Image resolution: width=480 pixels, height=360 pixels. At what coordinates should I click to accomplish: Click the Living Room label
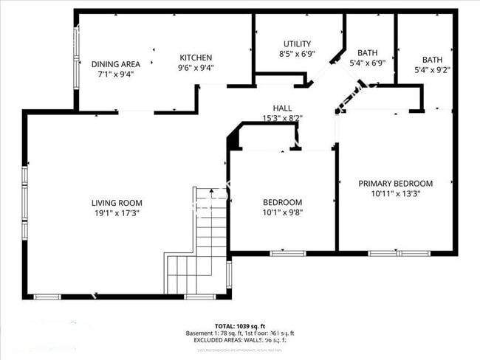[117, 203]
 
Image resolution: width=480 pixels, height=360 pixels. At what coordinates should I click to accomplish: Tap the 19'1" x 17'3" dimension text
[117, 213]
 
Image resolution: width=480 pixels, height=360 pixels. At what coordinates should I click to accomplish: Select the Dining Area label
[116, 64]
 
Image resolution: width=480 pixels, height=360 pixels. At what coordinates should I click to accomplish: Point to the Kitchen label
[196, 58]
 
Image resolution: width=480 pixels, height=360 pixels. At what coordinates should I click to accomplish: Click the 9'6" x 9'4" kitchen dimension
[196, 68]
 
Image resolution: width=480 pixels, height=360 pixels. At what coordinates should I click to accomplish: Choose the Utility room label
[297, 44]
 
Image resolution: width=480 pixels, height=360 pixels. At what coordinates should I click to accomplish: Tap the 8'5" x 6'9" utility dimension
[297, 54]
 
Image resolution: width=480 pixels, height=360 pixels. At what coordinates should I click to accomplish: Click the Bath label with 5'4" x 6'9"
[367, 53]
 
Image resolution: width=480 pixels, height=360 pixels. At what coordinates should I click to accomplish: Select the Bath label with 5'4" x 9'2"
[433, 60]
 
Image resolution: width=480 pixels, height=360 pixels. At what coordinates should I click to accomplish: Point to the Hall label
[282, 108]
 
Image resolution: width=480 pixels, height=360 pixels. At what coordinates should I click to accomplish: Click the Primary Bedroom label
[396, 184]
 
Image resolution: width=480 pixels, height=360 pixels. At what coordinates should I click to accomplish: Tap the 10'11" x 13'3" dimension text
[396, 194]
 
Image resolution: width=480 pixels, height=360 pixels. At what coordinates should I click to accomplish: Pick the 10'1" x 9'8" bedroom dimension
[283, 213]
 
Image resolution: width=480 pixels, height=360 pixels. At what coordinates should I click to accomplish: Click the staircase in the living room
[204, 236]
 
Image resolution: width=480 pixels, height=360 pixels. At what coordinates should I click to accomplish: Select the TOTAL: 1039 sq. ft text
[240, 325]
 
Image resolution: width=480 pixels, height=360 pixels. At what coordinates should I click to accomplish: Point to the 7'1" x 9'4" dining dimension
[116, 74]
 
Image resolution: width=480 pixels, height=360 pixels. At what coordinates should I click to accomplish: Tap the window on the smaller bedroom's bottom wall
[287, 253]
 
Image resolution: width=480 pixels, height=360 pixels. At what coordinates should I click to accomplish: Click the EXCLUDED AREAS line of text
[240, 341]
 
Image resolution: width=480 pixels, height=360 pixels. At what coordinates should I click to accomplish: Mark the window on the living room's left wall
[24, 203]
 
